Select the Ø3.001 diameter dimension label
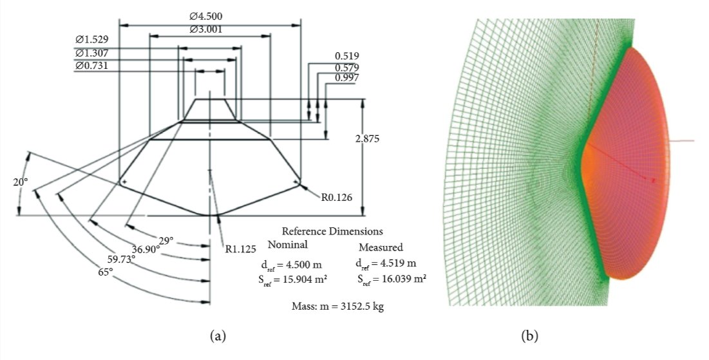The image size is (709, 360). click(211, 29)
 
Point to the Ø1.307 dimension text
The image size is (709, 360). click(91, 53)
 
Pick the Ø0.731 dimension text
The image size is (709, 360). click(91, 66)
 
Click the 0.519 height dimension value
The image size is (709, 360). click(346, 56)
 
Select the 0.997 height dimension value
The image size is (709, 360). click(346, 78)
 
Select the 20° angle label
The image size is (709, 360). click(21, 182)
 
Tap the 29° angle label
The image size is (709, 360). click(166, 241)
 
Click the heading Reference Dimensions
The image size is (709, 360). click(332, 231)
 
